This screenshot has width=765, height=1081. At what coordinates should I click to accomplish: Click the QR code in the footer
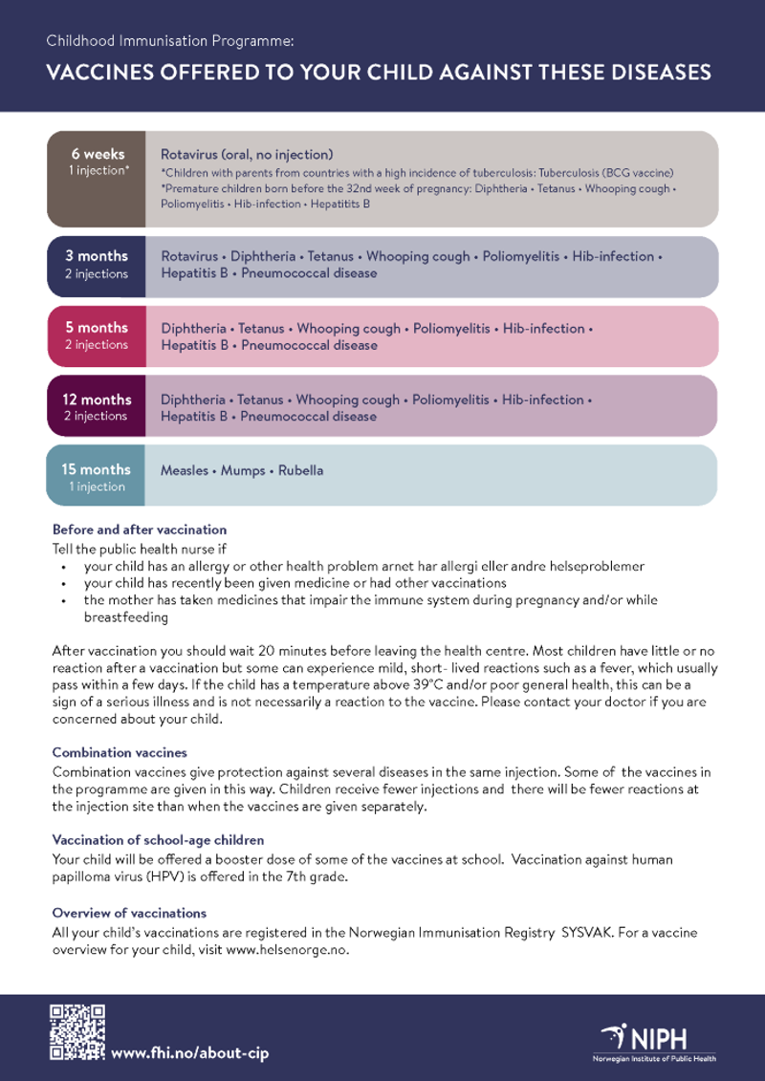(77, 1032)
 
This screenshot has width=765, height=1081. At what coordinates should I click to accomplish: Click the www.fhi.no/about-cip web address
(190, 1052)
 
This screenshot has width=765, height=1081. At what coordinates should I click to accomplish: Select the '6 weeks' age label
(96, 153)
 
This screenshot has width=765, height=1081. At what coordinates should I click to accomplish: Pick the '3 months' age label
(96, 256)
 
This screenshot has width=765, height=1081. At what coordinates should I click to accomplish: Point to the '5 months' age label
(96, 328)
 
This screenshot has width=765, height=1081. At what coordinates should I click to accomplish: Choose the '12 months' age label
(96, 400)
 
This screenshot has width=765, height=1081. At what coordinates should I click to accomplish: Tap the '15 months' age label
(96, 469)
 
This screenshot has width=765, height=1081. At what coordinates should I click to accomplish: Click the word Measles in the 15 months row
(185, 470)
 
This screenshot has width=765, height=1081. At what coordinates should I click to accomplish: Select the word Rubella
(301, 470)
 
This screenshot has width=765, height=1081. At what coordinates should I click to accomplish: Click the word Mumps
(243, 470)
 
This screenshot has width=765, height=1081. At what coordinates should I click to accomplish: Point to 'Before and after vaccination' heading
(140, 530)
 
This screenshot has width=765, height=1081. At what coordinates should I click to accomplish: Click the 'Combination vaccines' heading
(120, 753)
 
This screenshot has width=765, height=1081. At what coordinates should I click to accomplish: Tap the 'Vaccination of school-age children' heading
(158, 840)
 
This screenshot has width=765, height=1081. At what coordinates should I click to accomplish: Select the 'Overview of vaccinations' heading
(129, 913)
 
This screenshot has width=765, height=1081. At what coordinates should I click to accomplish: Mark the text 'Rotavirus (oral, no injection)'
(247, 154)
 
